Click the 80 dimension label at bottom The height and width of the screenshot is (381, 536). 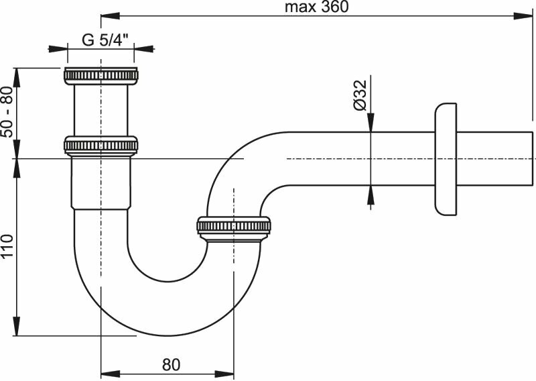[x=171, y=365]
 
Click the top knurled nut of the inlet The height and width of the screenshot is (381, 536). [x=100, y=74]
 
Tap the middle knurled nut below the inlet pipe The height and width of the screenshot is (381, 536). [x=100, y=145]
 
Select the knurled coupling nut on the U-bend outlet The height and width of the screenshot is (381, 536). [x=234, y=227]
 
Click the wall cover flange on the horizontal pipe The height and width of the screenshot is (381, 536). [x=446, y=159]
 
